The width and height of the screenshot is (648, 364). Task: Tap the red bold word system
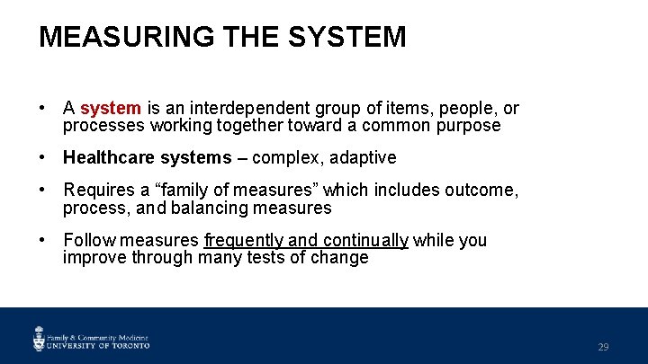[x=111, y=109]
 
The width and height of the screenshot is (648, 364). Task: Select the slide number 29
[x=603, y=347]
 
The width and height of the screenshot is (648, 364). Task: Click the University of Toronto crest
[x=40, y=338]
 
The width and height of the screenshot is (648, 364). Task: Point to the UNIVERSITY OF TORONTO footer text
[x=99, y=344]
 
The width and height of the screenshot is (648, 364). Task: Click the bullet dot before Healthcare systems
[x=43, y=158]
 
